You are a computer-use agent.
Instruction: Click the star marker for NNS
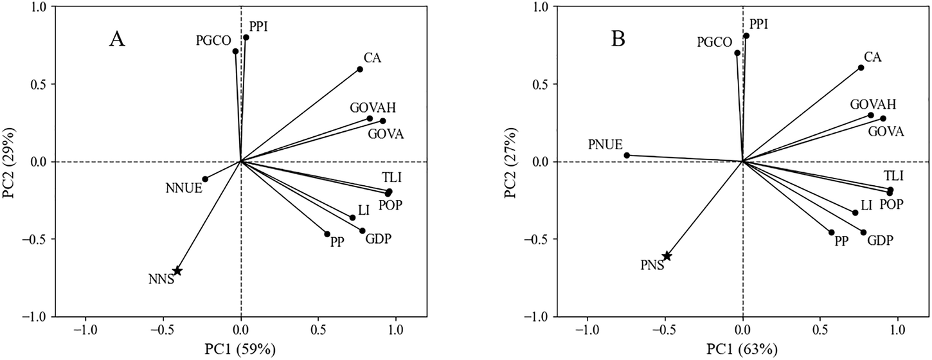click(x=177, y=271)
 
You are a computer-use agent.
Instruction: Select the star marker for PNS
click(x=667, y=256)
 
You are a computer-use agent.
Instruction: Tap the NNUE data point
click(x=205, y=179)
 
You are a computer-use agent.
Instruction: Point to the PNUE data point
click(x=627, y=155)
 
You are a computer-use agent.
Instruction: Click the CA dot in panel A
click(x=360, y=69)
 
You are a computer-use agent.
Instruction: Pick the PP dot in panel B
click(x=832, y=233)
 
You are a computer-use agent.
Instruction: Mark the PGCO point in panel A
click(x=235, y=51)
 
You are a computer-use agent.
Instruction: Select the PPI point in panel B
click(x=746, y=36)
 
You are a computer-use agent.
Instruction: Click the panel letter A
click(x=116, y=40)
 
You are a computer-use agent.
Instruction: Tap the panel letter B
click(x=618, y=40)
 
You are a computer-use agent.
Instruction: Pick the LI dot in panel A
click(x=352, y=217)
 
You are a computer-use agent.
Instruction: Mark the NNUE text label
click(x=183, y=189)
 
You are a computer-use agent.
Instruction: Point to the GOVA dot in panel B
click(x=883, y=118)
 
